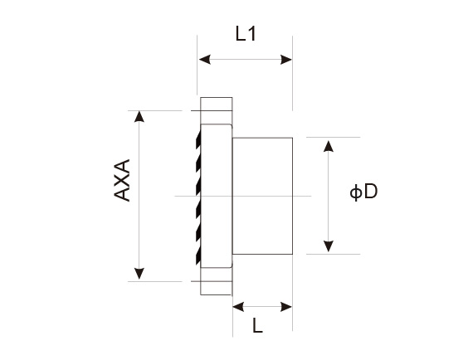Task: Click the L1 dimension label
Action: pyautogui.click(x=246, y=34)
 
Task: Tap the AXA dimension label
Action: pyautogui.click(x=122, y=180)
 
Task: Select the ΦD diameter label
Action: pyautogui.click(x=363, y=192)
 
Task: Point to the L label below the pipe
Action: pyautogui.click(x=257, y=326)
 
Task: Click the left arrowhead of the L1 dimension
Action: pyautogui.click(x=204, y=60)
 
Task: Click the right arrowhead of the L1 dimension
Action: pyautogui.click(x=286, y=60)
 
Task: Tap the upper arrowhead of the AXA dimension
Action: pyautogui.click(x=139, y=117)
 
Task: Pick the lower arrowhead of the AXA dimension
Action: pyautogui.click(x=139, y=274)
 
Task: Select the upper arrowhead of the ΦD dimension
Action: pyautogui.click(x=329, y=146)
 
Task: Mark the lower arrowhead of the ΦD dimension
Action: pyautogui.click(x=329, y=246)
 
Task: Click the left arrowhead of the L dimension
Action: pyautogui.click(x=238, y=307)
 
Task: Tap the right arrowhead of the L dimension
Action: pyautogui.click(x=286, y=307)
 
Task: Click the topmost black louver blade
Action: pyautogui.click(x=198, y=140)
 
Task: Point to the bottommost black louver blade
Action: pyautogui.click(x=198, y=256)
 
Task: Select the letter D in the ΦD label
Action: pyautogui.click(x=371, y=191)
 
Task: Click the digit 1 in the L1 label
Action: pyautogui.click(x=252, y=34)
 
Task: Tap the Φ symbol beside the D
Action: pyautogui.click(x=356, y=192)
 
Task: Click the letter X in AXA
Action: pyautogui.click(x=122, y=180)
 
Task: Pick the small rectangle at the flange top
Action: pyautogui.click(x=217, y=104)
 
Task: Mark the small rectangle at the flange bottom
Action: pyautogui.click(x=217, y=288)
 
